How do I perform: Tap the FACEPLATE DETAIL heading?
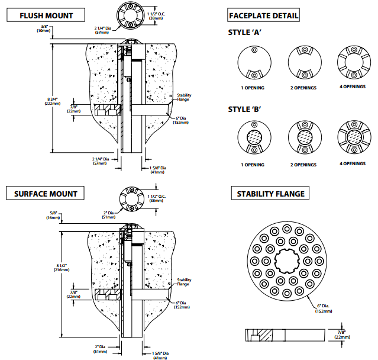coord(264,15)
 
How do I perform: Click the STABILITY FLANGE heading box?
coord(270,193)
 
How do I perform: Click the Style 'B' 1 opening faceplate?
coord(252,137)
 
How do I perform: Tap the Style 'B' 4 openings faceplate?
coord(353,137)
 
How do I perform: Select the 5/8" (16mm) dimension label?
coord(53,216)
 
